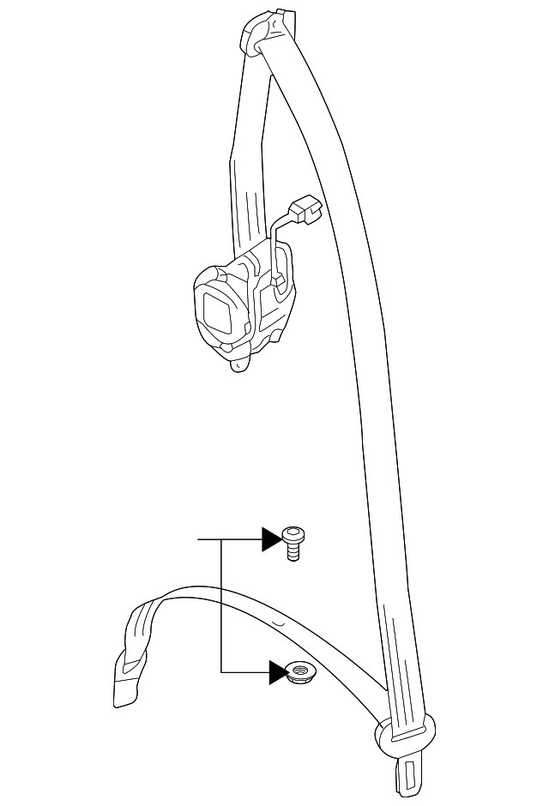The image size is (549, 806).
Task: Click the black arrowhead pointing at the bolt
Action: [x=271, y=539]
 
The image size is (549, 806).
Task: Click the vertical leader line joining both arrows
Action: [x=221, y=605]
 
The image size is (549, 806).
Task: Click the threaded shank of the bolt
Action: [x=294, y=553]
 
